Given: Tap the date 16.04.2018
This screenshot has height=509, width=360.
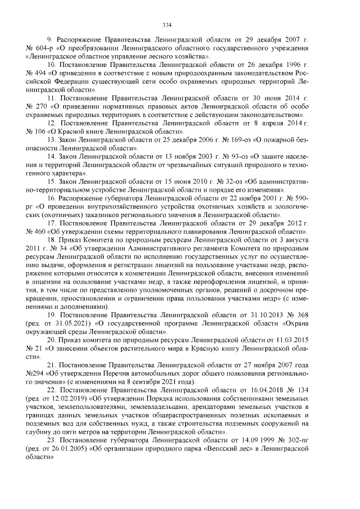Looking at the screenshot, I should click(270, 390).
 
